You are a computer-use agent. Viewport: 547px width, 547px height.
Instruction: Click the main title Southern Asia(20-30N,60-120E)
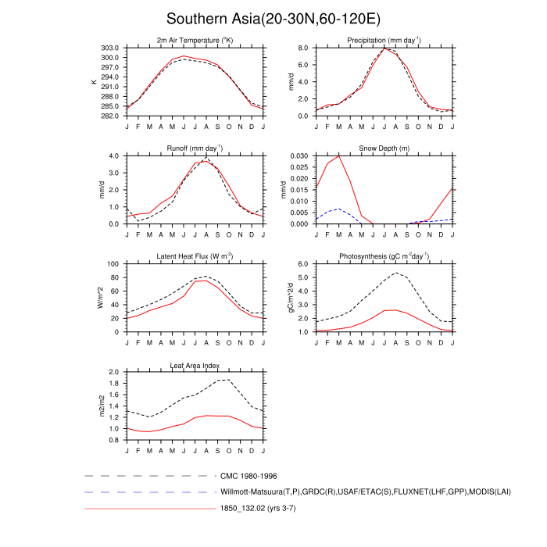point(273,18)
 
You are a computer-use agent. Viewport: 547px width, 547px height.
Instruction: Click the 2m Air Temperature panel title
point(195,40)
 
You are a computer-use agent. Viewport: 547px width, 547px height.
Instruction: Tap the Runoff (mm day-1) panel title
point(195,148)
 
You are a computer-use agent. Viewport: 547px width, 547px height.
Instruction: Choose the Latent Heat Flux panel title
point(195,256)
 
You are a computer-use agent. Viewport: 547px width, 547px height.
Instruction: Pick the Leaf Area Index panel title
point(195,365)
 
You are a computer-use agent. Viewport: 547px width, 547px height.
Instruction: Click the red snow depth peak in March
point(338,156)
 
